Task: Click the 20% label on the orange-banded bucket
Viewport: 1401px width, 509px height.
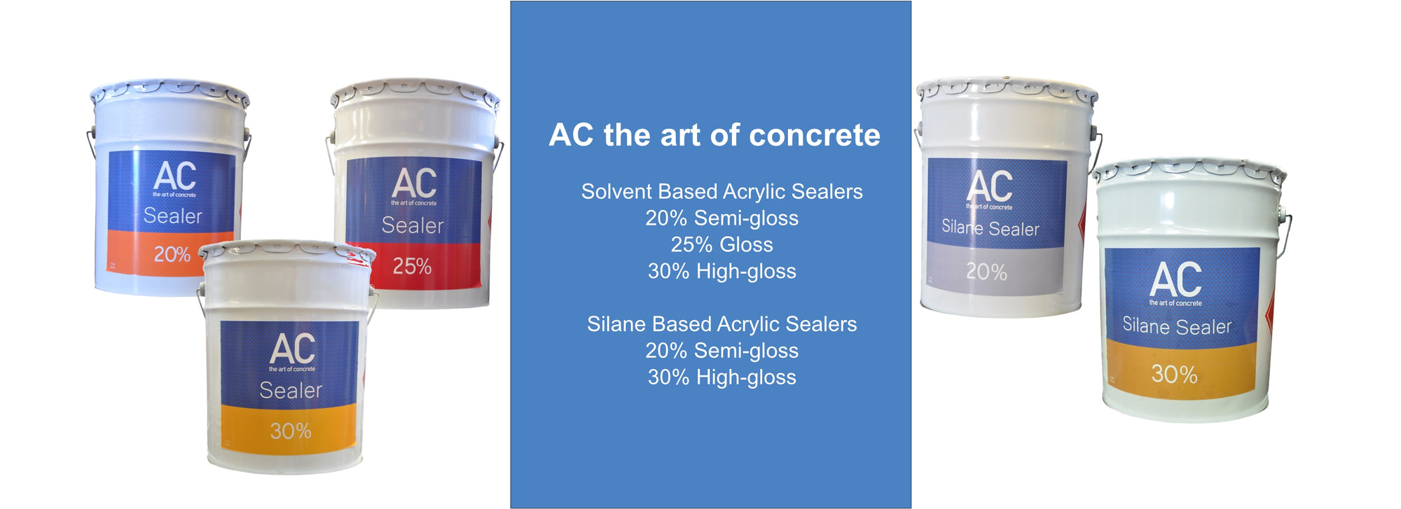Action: pos(172,254)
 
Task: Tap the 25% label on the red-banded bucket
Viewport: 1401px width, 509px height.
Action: pos(412,266)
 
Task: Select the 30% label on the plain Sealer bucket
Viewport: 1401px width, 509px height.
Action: pos(291,431)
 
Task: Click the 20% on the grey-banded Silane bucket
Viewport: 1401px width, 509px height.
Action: pos(986,272)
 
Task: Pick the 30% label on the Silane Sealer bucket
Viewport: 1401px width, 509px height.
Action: pos(1175,374)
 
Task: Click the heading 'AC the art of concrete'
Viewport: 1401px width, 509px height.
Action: pos(714,134)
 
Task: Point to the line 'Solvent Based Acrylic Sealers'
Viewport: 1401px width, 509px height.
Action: pos(722,191)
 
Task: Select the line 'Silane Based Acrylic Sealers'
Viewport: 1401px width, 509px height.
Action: pos(722,324)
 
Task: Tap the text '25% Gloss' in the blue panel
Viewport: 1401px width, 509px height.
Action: pos(722,244)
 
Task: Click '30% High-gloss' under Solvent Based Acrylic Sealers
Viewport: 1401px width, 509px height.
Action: pos(722,271)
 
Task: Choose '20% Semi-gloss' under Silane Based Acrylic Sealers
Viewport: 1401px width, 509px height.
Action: pos(722,351)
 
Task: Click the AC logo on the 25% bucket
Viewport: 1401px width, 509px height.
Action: pos(414,183)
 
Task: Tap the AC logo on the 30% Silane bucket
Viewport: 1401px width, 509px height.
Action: pos(1175,279)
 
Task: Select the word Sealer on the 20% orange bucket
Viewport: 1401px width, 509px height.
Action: pos(172,216)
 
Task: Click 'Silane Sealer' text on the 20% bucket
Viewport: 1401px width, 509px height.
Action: pos(990,228)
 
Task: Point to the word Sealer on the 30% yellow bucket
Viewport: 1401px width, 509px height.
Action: pos(291,390)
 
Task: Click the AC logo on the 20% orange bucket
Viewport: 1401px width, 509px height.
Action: pos(174,176)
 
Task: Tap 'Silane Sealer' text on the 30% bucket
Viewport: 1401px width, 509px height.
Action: pos(1177,326)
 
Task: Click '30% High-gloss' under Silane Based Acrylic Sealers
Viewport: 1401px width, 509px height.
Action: pos(722,377)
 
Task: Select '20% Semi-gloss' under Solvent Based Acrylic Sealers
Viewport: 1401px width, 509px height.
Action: pos(722,218)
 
